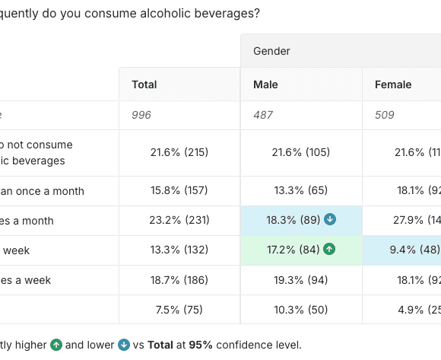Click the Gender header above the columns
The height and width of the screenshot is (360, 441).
(x=271, y=51)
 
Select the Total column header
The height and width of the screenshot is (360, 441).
(x=145, y=84)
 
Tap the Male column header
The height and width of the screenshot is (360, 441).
(x=266, y=84)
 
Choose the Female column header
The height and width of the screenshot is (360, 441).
(x=392, y=84)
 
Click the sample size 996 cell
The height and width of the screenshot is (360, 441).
(x=141, y=115)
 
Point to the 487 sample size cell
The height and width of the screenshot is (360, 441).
(x=263, y=115)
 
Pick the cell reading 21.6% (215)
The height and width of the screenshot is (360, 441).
(x=179, y=152)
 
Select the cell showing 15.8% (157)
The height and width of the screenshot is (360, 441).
(x=179, y=191)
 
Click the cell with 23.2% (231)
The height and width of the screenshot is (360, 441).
(x=179, y=221)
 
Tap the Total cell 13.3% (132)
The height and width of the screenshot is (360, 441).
(x=179, y=250)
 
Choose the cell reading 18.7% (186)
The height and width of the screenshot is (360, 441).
(x=179, y=280)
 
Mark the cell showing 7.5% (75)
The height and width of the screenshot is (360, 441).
(x=179, y=310)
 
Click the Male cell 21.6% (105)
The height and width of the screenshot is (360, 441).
(x=301, y=152)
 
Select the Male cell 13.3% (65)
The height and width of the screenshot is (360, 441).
(x=301, y=191)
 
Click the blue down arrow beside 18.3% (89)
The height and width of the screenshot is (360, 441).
(x=330, y=220)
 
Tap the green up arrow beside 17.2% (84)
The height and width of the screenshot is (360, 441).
(x=329, y=250)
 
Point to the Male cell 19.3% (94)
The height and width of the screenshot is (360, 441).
(x=301, y=280)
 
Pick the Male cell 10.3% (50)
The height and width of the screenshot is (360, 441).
(x=301, y=310)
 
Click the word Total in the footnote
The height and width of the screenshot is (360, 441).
(x=160, y=345)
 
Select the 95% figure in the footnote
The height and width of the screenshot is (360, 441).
(x=201, y=345)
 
